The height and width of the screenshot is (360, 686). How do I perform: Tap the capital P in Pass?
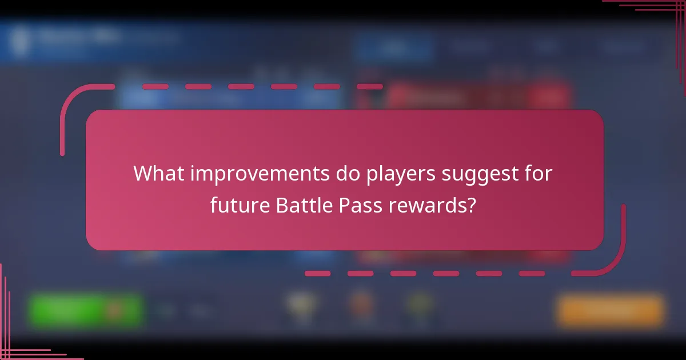pyautogui.click(x=346, y=205)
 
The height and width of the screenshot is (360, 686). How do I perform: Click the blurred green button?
pyautogui.click(x=85, y=310)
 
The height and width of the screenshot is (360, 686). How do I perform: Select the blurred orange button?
pyautogui.click(x=611, y=311)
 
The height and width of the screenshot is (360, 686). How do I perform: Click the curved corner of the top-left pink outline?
pyautogui.click(x=71, y=97)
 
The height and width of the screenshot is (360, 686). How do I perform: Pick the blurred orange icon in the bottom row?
pyautogui.click(x=361, y=306)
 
